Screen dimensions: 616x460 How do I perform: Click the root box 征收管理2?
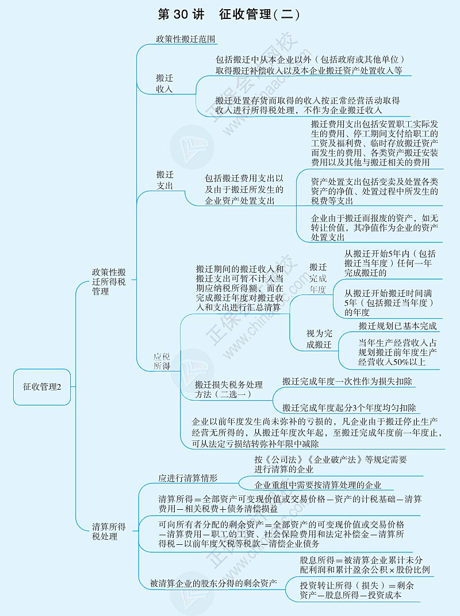click(43, 386)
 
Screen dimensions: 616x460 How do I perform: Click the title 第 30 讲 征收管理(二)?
click(228, 14)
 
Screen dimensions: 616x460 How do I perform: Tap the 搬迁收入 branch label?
click(164, 83)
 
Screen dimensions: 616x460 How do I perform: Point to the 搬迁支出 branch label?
click(165, 180)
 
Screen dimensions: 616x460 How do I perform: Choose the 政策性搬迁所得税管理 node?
click(109, 281)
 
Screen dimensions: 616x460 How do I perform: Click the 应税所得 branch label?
click(162, 361)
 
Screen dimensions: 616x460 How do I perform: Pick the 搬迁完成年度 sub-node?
click(318, 278)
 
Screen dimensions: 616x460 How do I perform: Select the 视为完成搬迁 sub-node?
click(319, 339)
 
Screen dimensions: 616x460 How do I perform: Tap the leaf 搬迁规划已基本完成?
click(397, 326)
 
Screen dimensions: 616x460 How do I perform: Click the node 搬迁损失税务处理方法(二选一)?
click(228, 389)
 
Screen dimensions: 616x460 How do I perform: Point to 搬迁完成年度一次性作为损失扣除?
click(347, 381)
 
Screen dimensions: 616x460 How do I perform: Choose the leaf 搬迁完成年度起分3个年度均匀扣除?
click(349, 408)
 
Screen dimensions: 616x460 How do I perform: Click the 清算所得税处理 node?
click(109, 531)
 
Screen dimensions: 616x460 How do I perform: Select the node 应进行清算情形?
click(188, 478)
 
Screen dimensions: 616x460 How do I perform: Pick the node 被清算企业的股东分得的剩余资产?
click(213, 583)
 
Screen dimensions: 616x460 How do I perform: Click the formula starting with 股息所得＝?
click(365, 564)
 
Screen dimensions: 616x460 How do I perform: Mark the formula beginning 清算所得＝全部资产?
click(290, 503)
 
